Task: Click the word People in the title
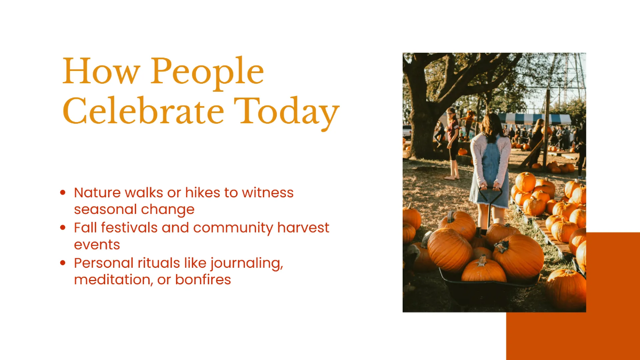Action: [207, 73]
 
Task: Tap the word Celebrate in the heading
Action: [143, 111]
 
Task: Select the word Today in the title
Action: [286, 114]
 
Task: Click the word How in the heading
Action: [101, 71]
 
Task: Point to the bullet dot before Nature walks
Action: [63, 193]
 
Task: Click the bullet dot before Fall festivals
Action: [63, 227]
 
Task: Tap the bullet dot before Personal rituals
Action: [63, 262]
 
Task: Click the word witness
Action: [268, 193]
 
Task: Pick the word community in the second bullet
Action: [233, 228]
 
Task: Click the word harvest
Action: [303, 228]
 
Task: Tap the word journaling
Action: [246, 263]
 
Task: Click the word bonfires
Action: [203, 279]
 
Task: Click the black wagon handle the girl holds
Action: [490, 200]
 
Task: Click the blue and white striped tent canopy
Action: [534, 119]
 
